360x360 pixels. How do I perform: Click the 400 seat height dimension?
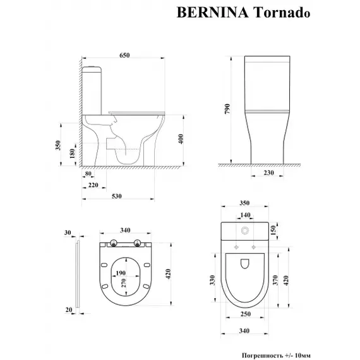(x=181, y=138)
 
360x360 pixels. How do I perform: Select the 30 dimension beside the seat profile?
(x=67, y=233)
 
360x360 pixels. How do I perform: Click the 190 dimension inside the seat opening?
(x=119, y=273)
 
